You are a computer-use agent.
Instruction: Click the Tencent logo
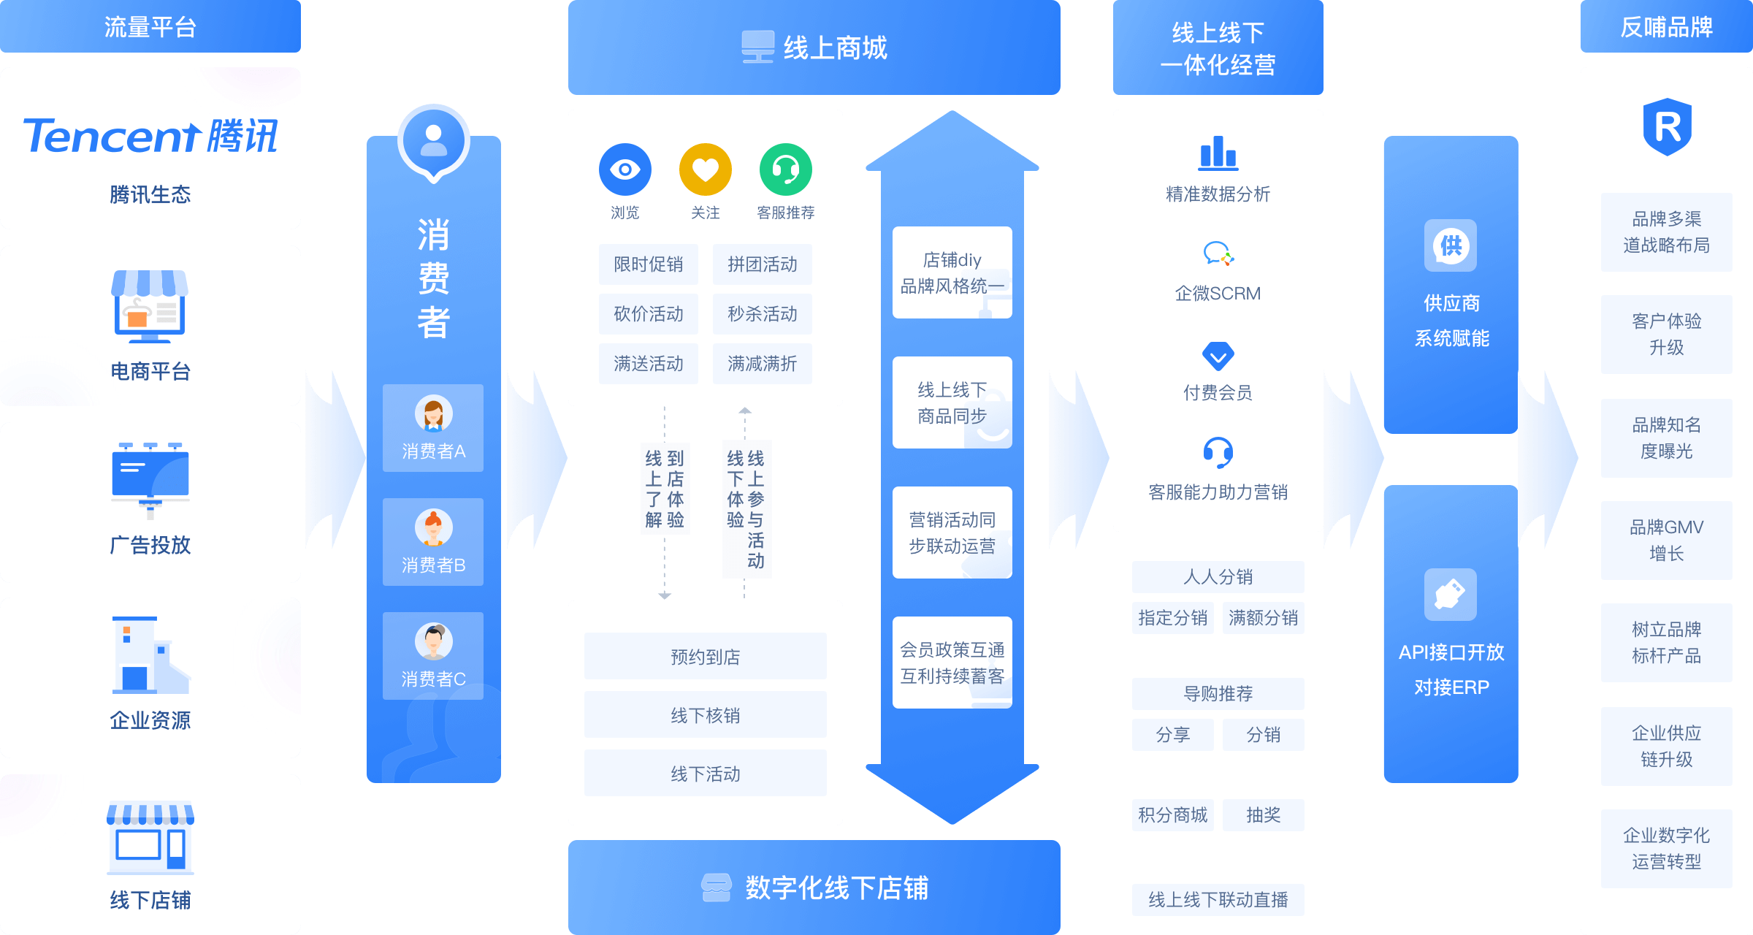click(x=150, y=136)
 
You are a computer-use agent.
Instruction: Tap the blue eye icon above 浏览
click(x=625, y=169)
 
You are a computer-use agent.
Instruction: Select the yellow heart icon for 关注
click(x=705, y=169)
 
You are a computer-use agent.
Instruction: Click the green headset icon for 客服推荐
click(x=785, y=169)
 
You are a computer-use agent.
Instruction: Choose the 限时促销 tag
click(x=648, y=264)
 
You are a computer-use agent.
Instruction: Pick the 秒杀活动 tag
click(x=762, y=314)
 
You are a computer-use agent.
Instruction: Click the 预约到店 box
click(x=705, y=657)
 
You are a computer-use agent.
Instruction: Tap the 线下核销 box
click(x=705, y=715)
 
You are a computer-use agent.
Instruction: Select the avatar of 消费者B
click(x=433, y=527)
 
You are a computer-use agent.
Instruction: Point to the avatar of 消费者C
click(x=433, y=641)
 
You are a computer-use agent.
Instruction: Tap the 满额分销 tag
click(x=1263, y=618)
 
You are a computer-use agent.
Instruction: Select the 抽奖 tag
click(x=1263, y=815)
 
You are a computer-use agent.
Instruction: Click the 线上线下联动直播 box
click(x=1218, y=900)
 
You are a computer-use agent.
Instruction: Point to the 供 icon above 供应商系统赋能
click(x=1450, y=245)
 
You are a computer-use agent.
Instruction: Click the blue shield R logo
click(x=1667, y=127)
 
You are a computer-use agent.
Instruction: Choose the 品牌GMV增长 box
click(x=1666, y=541)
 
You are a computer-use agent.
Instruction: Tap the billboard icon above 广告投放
click(x=150, y=479)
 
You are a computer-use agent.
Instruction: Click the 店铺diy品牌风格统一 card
click(x=952, y=272)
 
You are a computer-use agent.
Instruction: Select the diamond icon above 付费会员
click(x=1218, y=356)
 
